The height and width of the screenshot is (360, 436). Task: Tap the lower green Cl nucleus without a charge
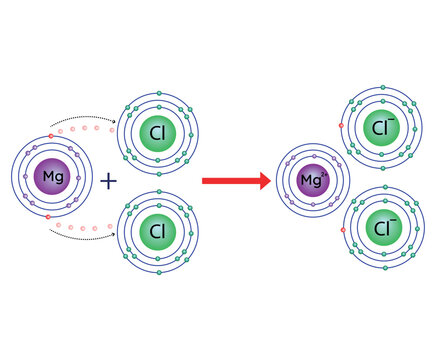(x=157, y=231)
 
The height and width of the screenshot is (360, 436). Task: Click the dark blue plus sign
(x=108, y=181)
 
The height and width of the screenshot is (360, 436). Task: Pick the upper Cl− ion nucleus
(x=380, y=128)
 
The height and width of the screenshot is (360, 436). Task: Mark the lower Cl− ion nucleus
(x=380, y=228)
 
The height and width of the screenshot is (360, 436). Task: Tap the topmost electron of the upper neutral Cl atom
(x=158, y=93)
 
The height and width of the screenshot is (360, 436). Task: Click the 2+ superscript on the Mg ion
(x=324, y=175)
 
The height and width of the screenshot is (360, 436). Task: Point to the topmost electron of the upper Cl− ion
(x=381, y=89)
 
